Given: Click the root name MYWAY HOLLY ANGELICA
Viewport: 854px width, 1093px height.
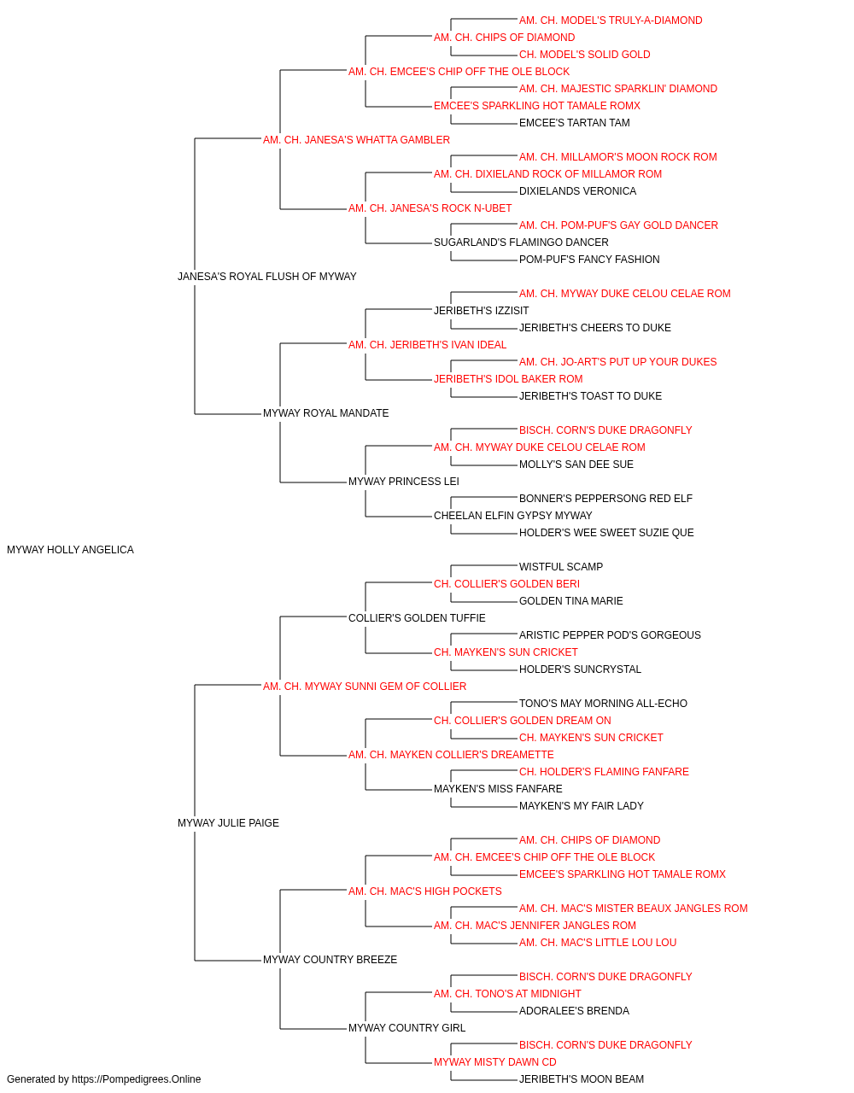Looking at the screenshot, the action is click(70, 550).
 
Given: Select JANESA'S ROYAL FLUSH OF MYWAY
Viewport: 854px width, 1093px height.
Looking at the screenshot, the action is click(267, 277).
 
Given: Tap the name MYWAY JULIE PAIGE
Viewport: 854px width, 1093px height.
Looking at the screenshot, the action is click(228, 823).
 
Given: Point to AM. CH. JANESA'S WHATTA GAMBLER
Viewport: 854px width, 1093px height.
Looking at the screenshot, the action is click(357, 140).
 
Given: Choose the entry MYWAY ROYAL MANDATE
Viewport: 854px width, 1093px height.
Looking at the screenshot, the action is click(326, 413).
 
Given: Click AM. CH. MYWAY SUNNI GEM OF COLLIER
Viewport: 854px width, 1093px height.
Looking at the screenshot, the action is click(365, 686).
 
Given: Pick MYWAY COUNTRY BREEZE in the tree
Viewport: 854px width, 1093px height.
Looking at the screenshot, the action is click(330, 959).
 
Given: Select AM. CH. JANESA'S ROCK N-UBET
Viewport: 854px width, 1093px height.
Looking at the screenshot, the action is click(430, 208).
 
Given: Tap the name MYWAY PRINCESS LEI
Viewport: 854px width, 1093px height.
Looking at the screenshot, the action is click(404, 482).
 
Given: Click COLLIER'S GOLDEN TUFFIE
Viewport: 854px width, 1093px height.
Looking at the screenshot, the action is click(417, 617).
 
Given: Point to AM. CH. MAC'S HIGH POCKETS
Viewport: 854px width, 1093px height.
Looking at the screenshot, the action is click(425, 891).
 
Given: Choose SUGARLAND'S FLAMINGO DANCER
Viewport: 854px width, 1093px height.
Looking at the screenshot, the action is click(521, 243).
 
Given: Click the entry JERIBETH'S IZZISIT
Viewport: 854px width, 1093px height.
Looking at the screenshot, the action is click(482, 310).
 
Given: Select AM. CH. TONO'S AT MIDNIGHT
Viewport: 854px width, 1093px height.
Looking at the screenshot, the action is click(507, 993).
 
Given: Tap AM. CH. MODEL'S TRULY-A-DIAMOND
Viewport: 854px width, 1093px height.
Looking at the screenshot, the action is click(611, 20).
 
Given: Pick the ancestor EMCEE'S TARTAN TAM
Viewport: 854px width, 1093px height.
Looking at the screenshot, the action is click(575, 123).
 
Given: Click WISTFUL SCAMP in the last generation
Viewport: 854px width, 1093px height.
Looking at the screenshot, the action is click(561, 567).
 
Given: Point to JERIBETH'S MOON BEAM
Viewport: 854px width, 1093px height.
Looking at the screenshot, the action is click(582, 1079).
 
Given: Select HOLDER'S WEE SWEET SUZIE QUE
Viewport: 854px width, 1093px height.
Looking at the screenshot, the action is click(606, 533).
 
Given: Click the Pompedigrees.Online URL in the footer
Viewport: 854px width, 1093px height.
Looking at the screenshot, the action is click(137, 1079).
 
